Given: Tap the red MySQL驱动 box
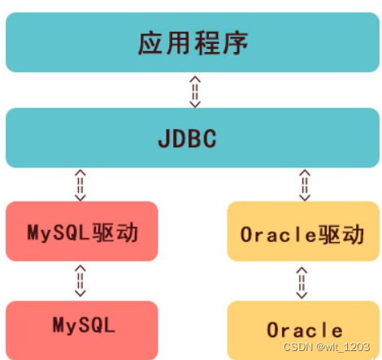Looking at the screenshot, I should click(x=81, y=232).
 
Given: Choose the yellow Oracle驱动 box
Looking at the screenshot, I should click(x=303, y=234).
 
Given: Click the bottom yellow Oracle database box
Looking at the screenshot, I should click(x=303, y=330).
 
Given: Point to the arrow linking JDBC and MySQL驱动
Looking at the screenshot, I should click(x=80, y=185).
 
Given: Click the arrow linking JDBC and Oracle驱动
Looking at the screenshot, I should click(x=304, y=185).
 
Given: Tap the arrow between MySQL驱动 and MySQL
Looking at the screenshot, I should click(x=80, y=281).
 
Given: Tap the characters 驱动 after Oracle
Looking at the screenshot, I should click(x=345, y=234).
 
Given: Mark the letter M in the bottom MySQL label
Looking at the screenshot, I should click(x=59, y=326).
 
